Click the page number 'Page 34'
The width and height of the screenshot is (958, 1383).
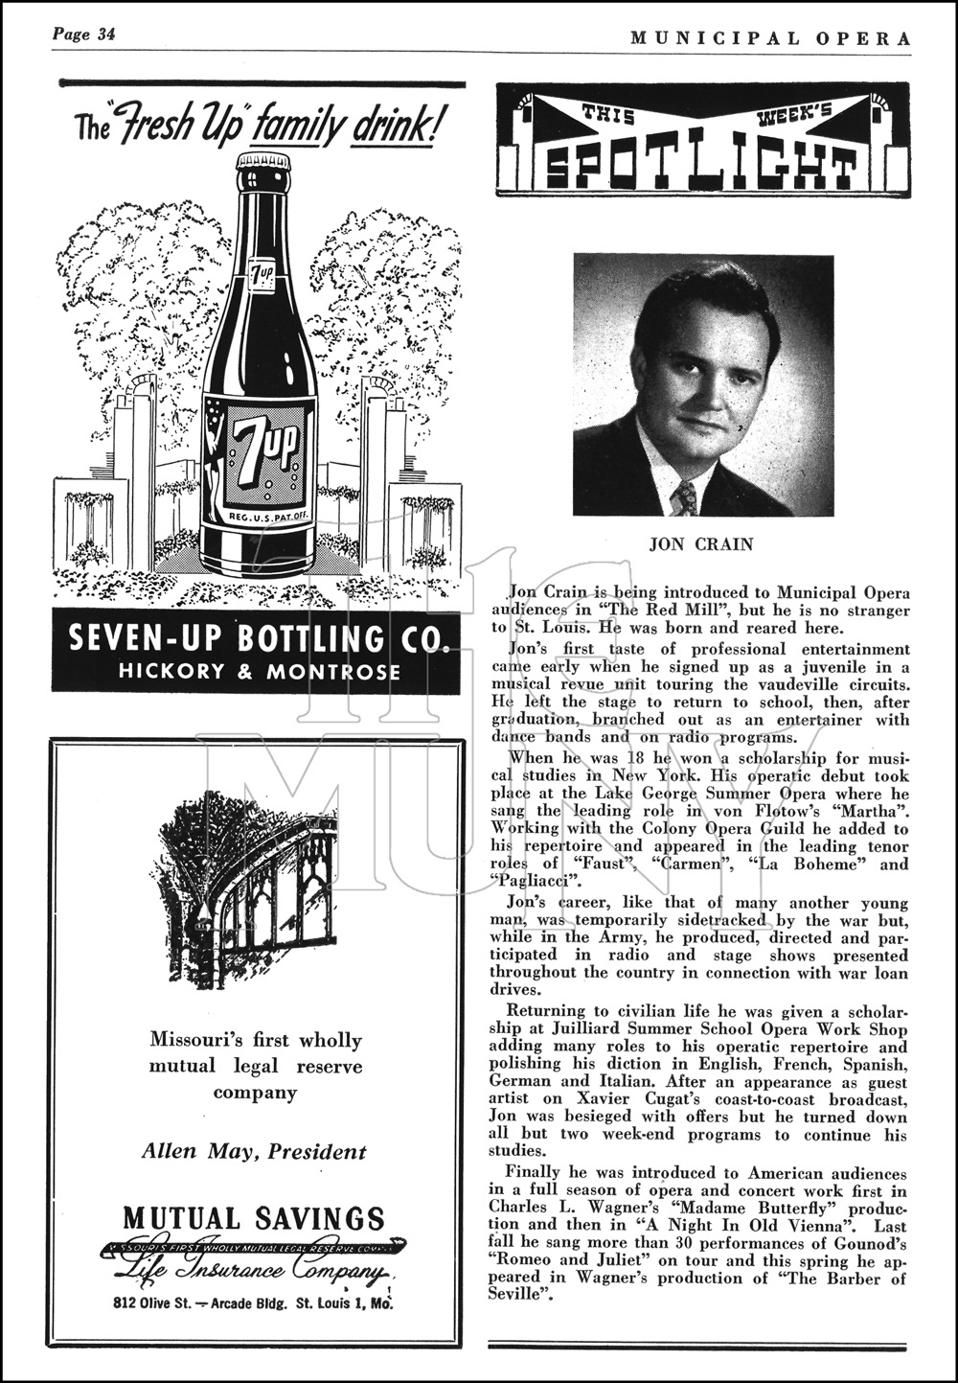click(x=84, y=35)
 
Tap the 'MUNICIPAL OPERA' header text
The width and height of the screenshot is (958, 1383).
click(x=770, y=37)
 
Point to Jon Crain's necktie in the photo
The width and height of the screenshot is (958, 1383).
click(x=685, y=498)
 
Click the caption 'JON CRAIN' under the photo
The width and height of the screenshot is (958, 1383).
click(x=701, y=544)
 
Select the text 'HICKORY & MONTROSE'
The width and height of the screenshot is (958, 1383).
click(x=259, y=672)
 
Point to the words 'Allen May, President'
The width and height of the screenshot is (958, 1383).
click(x=254, y=1151)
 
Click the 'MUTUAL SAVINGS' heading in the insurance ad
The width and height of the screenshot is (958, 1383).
click(x=254, y=1219)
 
